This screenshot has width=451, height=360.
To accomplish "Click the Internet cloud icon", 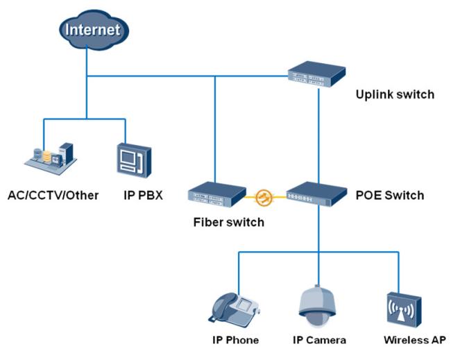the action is (94, 30).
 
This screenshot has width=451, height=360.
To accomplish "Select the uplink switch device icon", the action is (316, 74).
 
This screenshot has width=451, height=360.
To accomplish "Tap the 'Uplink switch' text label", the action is (395, 94).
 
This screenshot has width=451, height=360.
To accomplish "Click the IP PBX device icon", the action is (134, 160).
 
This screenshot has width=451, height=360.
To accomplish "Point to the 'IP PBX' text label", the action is (143, 196).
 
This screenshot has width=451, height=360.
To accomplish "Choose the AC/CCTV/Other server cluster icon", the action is (50, 158).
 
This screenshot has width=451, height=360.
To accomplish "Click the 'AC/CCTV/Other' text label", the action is (53, 196).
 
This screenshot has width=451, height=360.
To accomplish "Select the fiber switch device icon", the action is (217, 194).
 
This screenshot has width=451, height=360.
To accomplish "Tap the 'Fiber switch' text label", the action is (229, 222).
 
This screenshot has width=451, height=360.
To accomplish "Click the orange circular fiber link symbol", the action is (264, 198).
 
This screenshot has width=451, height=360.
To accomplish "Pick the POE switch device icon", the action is (316, 194).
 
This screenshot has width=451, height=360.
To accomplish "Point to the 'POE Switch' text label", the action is (390, 196).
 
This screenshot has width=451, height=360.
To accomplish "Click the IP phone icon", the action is (234, 308).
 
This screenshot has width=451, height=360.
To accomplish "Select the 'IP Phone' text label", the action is (236, 340).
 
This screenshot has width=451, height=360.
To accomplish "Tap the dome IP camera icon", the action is (317, 306).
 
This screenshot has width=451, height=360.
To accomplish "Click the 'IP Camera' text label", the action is (319, 340).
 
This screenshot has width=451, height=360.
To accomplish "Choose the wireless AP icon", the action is (404, 310).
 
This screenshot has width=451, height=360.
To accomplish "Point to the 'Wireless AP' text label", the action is (415, 340).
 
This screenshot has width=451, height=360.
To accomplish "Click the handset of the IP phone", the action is (223, 306).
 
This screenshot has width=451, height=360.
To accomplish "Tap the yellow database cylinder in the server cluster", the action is (47, 157).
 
